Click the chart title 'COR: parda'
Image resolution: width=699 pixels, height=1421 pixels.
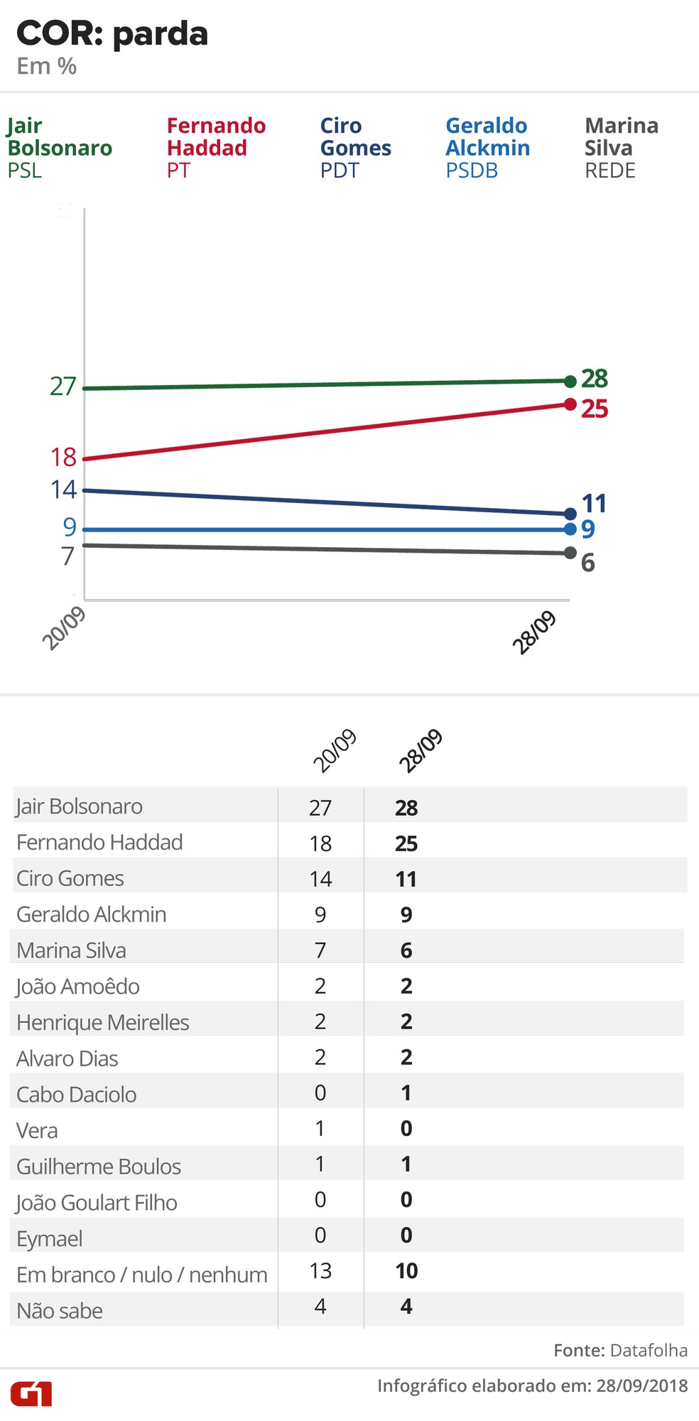point(112,34)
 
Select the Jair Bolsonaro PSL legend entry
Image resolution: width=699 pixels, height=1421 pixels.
point(60,148)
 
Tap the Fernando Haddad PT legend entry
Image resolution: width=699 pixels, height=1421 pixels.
point(216,148)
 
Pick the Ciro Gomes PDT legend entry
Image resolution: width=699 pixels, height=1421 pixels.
point(355,148)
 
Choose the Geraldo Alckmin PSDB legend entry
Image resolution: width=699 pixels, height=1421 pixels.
point(487,148)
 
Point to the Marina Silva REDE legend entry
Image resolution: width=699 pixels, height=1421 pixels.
point(621,148)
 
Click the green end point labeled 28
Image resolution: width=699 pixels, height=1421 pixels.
point(570,382)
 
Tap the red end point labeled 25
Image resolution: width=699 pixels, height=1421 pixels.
point(570,404)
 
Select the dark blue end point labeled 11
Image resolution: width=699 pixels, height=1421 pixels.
point(570,514)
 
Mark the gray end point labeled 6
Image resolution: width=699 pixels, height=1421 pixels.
point(570,553)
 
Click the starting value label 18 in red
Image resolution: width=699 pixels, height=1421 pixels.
point(63,457)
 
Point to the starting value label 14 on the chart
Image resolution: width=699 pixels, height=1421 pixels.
point(63,490)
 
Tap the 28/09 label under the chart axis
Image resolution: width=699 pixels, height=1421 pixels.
point(534,632)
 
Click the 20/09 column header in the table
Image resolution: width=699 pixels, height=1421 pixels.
point(335,750)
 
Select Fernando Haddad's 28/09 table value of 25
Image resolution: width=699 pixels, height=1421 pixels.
point(406,843)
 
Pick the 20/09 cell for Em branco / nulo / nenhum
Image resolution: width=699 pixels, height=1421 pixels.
point(320,1271)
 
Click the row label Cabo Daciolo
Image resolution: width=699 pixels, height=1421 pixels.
point(77,1094)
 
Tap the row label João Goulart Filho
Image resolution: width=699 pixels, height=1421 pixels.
point(97,1202)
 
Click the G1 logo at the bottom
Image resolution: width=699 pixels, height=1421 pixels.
point(31,1393)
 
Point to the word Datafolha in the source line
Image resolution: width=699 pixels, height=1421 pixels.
point(649,1350)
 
